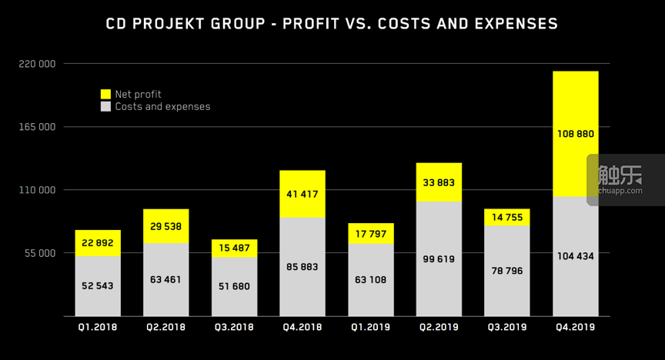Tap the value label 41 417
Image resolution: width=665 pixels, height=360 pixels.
click(302, 194)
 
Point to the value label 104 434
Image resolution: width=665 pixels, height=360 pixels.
click(576, 256)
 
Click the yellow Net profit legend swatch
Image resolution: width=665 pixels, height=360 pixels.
click(105, 94)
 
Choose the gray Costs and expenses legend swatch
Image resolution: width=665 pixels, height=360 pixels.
click(105, 106)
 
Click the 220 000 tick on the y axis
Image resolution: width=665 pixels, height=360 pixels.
click(36, 64)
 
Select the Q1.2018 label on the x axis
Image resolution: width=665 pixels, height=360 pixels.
click(98, 327)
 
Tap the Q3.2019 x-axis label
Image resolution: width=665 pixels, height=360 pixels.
click(507, 327)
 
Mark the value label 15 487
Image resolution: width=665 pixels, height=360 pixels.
click(234, 248)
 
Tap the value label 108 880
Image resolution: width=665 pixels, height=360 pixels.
click(576, 134)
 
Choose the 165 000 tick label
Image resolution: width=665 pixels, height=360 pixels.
click(36, 127)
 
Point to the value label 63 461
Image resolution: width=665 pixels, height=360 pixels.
click(166, 279)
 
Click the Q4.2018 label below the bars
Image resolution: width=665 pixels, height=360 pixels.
click(302, 327)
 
